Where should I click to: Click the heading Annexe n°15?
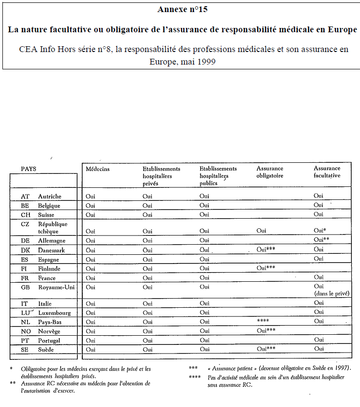(x=182, y=10)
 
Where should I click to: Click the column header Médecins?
(x=98, y=169)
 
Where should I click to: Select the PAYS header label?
(x=28, y=169)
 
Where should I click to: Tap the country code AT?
(x=25, y=197)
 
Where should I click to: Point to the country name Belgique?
(x=49, y=206)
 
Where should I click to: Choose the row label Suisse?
(x=46, y=215)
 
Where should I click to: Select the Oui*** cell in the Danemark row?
(x=266, y=249)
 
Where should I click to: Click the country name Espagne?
(x=49, y=259)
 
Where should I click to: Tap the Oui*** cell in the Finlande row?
(x=266, y=268)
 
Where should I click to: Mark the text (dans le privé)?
(x=331, y=293)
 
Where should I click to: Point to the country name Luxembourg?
(x=54, y=313)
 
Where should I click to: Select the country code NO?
(x=26, y=331)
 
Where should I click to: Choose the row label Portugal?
(x=49, y=340)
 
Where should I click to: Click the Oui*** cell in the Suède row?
(x=266, y=349)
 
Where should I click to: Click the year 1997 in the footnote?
(x=341, y=368)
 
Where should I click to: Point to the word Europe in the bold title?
(x=342, y=29)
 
